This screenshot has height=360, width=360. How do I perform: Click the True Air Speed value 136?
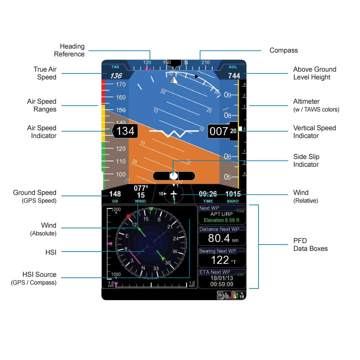click(x=116, y=76)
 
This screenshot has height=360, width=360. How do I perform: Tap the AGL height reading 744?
click(x=234, y=76)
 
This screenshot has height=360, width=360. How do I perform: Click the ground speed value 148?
click(x=115, y=194)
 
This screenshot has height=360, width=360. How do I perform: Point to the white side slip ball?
click(x=174, y=176)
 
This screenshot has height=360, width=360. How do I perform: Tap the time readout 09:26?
click(x=208, y=194)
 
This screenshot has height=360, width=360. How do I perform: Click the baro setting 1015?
click(x=233, y=194)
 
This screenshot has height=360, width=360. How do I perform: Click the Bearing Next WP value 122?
click(x=220, y=260)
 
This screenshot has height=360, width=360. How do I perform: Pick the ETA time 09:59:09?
click(x=222, y=284)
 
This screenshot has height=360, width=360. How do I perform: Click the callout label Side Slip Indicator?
click(x=306, y=161)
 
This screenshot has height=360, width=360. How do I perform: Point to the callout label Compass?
click(x=283, y=50)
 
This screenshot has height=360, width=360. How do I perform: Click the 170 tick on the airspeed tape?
click(x=121, y=84)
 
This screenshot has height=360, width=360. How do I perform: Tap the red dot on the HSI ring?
click(x=128, y=216)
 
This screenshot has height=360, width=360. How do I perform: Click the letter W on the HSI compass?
click(x=175, y=252)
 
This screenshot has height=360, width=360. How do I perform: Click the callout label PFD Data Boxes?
click(x=310, y=245)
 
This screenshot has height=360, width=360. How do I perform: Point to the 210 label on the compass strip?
click(x=205, y=62)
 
